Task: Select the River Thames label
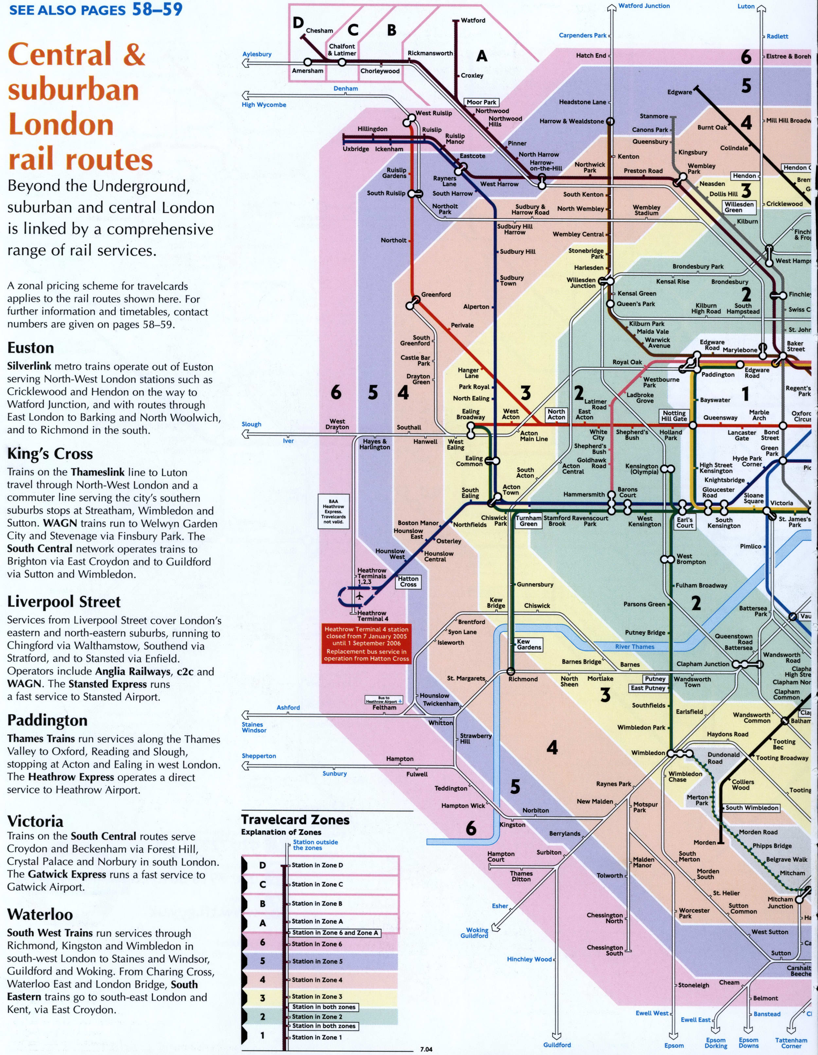tap(634, 646)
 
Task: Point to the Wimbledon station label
tap(648, 752)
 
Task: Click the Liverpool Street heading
tap(63, 602)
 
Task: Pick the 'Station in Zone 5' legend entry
tap(317, 961)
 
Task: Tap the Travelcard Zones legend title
tap(295, 820)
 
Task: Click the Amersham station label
tap(308, 71)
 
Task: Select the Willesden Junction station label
tap(581, 283)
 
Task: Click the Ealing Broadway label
tap(471, 414)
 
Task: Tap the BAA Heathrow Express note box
tap(333, 511)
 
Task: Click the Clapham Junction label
tap(702, 664)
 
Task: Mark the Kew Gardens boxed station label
tap(528, 644)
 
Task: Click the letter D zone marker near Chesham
tap(298, 22)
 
